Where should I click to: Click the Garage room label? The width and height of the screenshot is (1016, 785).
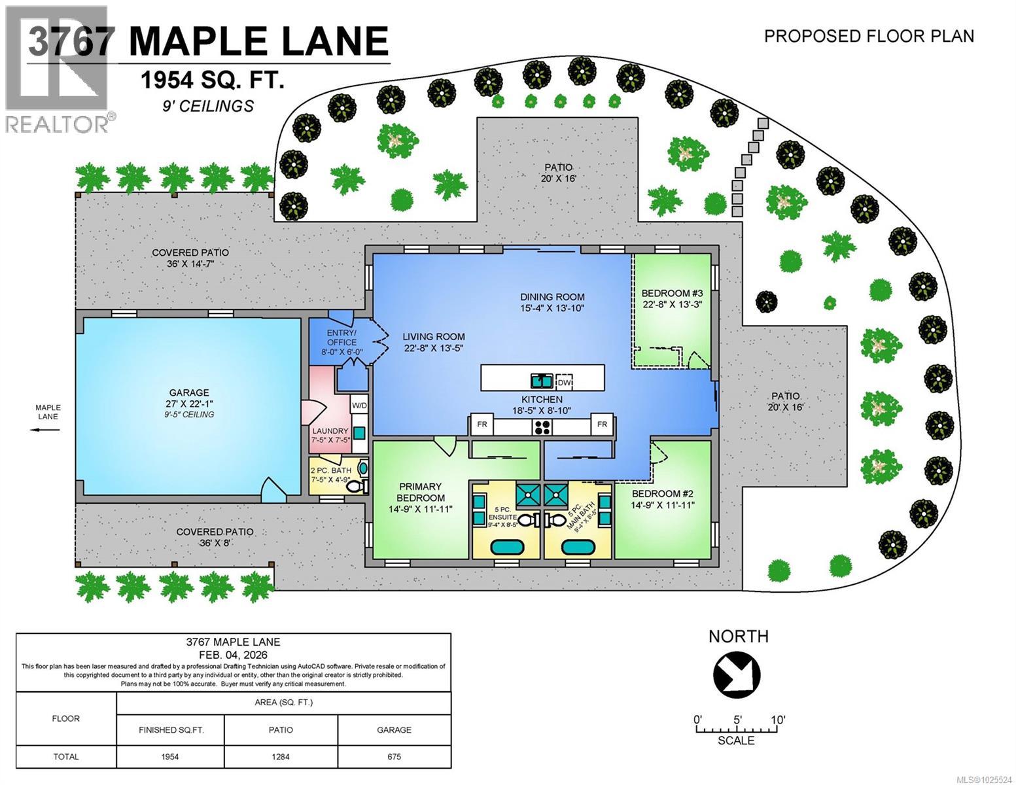coord(189,393)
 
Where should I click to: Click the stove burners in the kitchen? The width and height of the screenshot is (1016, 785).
coord(542,428)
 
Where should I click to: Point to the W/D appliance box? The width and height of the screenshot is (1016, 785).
coord(359,406)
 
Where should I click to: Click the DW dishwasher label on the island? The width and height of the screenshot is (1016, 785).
coord(563,382)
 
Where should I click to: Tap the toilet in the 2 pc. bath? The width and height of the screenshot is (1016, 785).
coord(354,487)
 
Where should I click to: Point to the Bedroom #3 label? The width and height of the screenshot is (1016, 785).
coord(671,293)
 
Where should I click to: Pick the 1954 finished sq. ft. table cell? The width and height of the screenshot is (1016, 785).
coord(170,757)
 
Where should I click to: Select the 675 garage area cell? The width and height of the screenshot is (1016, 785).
coord(394,757)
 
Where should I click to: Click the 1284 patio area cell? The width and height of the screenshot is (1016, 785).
coord(281,757)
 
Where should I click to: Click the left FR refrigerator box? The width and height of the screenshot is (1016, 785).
coord(482,425)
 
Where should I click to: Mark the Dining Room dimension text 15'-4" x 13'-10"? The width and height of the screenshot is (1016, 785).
coord(552,307)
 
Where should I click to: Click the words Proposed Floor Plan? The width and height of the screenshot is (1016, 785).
coord(869,36)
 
